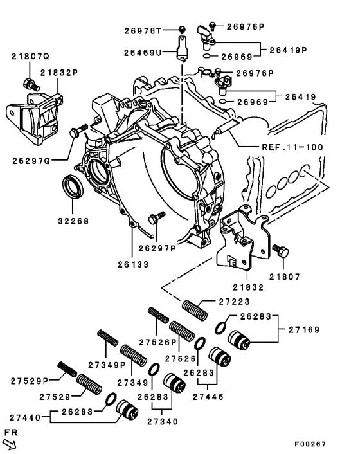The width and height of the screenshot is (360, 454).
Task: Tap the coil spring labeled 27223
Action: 194,310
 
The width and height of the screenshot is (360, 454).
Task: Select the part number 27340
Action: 164,422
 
